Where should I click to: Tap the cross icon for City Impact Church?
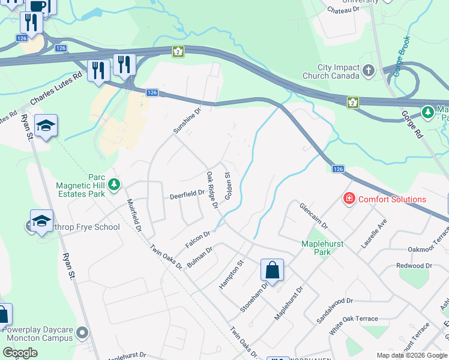(369, 71)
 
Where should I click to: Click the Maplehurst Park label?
(316, 248)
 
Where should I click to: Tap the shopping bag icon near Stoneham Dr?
(272, 270)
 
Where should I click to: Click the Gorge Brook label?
(402, 56)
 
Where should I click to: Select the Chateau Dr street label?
(343, 10)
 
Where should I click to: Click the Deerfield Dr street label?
(187, 194)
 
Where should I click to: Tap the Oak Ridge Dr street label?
(211, 190)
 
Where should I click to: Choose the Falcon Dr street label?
(198, 240)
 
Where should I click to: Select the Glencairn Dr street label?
(313, 215)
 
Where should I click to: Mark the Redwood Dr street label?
(414, 265)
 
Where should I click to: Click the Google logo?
(20, 352)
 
